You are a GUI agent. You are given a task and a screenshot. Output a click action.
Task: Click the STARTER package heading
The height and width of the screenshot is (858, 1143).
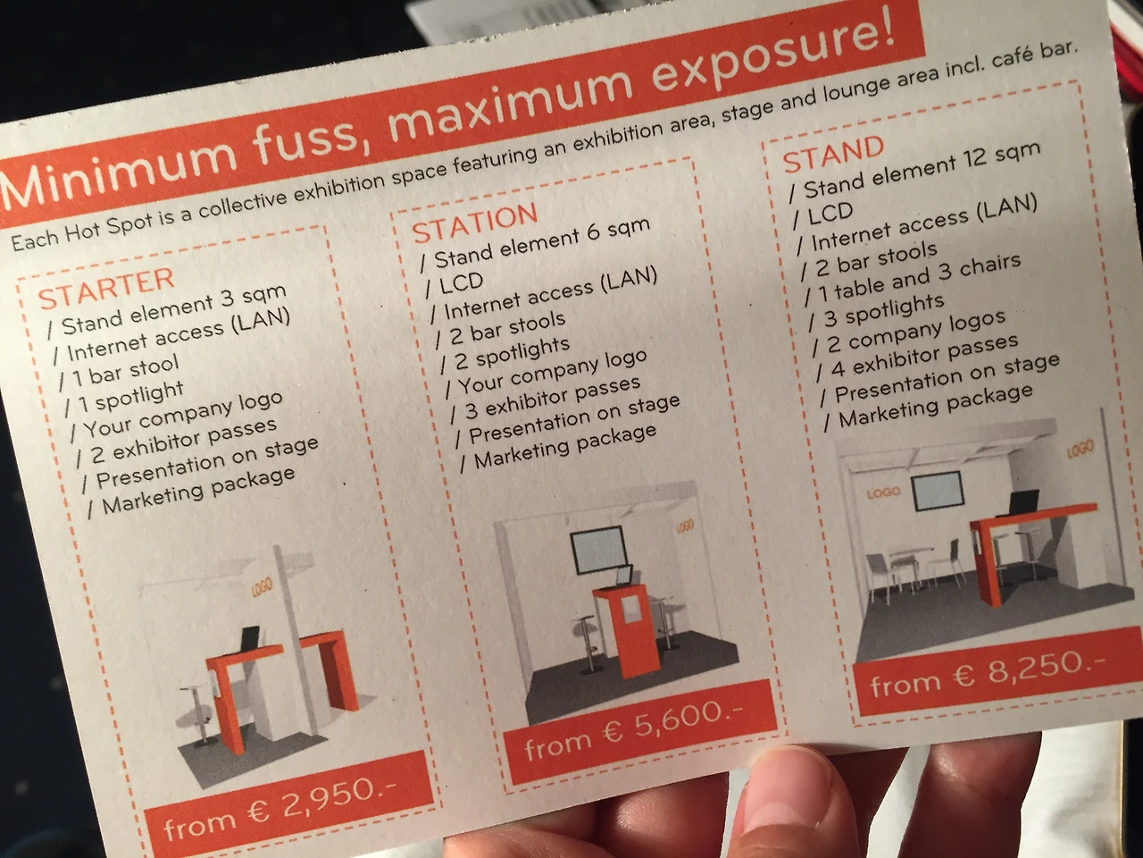pos(106,289)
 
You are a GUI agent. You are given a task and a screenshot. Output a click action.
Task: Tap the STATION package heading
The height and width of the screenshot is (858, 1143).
pos(475,223)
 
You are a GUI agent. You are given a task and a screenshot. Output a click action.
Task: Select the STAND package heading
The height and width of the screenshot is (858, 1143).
pos(834,154)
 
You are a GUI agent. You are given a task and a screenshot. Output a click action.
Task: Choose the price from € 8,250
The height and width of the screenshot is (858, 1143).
pos(988,671)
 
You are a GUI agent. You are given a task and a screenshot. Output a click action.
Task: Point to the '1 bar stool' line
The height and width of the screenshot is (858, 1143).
pos(120,373)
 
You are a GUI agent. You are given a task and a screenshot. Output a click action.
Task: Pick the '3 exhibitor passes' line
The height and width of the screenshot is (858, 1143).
pos(546,397)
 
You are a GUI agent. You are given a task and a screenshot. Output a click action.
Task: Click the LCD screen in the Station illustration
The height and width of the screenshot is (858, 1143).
pos(597,550)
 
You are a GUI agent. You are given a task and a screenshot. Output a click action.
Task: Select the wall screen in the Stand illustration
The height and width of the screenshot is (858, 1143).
pos(938,492)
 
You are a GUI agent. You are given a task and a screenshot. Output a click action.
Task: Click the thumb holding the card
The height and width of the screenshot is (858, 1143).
pos(797,803)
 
